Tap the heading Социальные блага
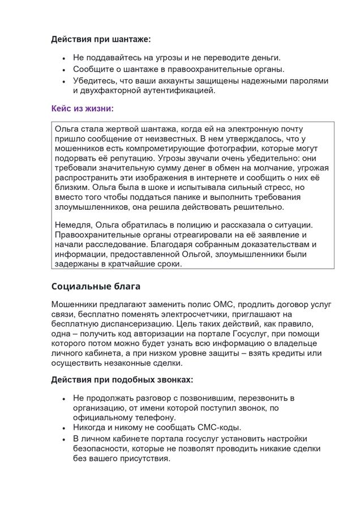(x=96, y=286)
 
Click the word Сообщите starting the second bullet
(x=95, y=70)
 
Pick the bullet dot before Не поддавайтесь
(x=64, y=58)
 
